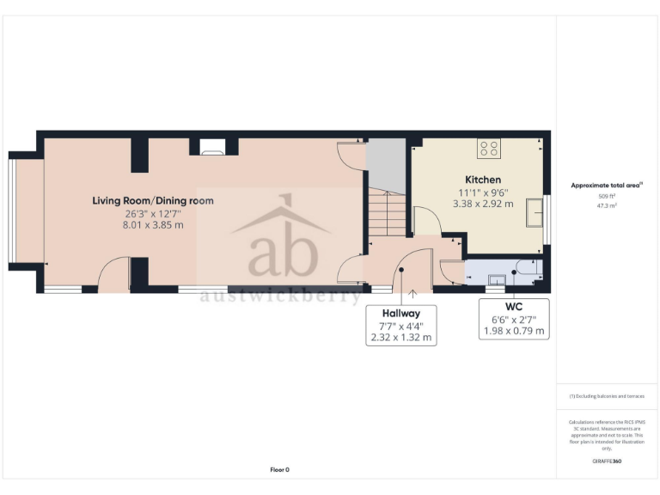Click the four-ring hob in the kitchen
pos(490,149)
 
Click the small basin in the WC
pos(496,278)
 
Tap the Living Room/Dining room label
pos(153,201)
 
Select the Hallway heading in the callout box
pos(400,314)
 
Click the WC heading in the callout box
pos(515,305)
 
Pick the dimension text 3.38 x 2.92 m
pos(483,205)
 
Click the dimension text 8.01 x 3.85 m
pos(153,225)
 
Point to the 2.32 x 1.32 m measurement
pos(400,338)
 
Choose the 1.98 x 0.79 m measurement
pos(515,330)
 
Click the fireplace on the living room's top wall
pos(211,148)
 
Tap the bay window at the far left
pos(12,211)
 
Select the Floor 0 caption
pos(279,469)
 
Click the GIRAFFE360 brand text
pos(607,461)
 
